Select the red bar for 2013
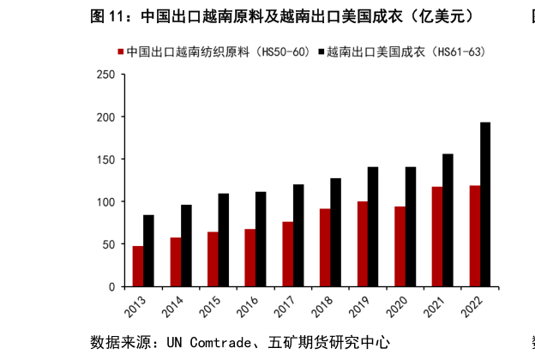click(x=137, y=266)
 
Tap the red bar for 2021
click(x=436, y=237)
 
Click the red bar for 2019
click(x=362, y=243)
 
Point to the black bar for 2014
click(x=186, y=245)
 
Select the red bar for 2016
click(x=249, y=257)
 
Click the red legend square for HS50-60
click(x=119, y=52)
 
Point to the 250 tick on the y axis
click(x=105, y=75)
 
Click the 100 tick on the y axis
click(x=105, y=201)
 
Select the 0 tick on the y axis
click(x=111, y=286)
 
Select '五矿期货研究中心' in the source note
click(x=335, y=342)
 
